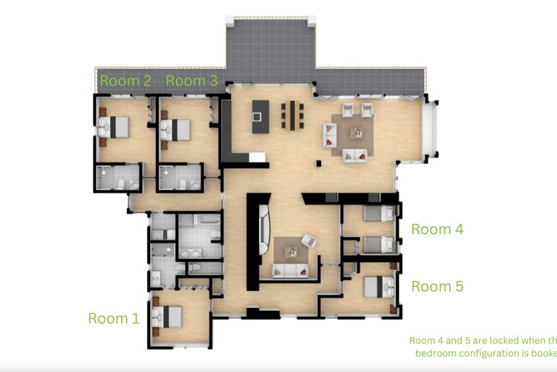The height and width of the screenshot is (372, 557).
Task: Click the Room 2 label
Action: tap(126, 81)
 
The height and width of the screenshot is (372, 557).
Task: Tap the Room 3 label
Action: tap(192, 81)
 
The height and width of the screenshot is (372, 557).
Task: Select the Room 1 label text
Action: tap(114, 318)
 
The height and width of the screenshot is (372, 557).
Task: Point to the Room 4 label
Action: tap(437, 229)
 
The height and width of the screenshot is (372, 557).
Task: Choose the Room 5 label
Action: tap(437, 286)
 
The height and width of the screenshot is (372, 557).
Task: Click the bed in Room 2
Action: tap(114, 128)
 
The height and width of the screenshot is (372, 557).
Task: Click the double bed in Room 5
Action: tap(378, 286)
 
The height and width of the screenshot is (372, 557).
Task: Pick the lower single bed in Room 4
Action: tap(377, 244)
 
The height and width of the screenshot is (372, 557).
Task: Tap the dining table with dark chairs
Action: tap(293, 115)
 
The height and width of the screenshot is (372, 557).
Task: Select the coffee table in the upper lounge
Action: tap(356, 132)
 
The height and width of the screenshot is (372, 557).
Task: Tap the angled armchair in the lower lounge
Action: tap(309, 240)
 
